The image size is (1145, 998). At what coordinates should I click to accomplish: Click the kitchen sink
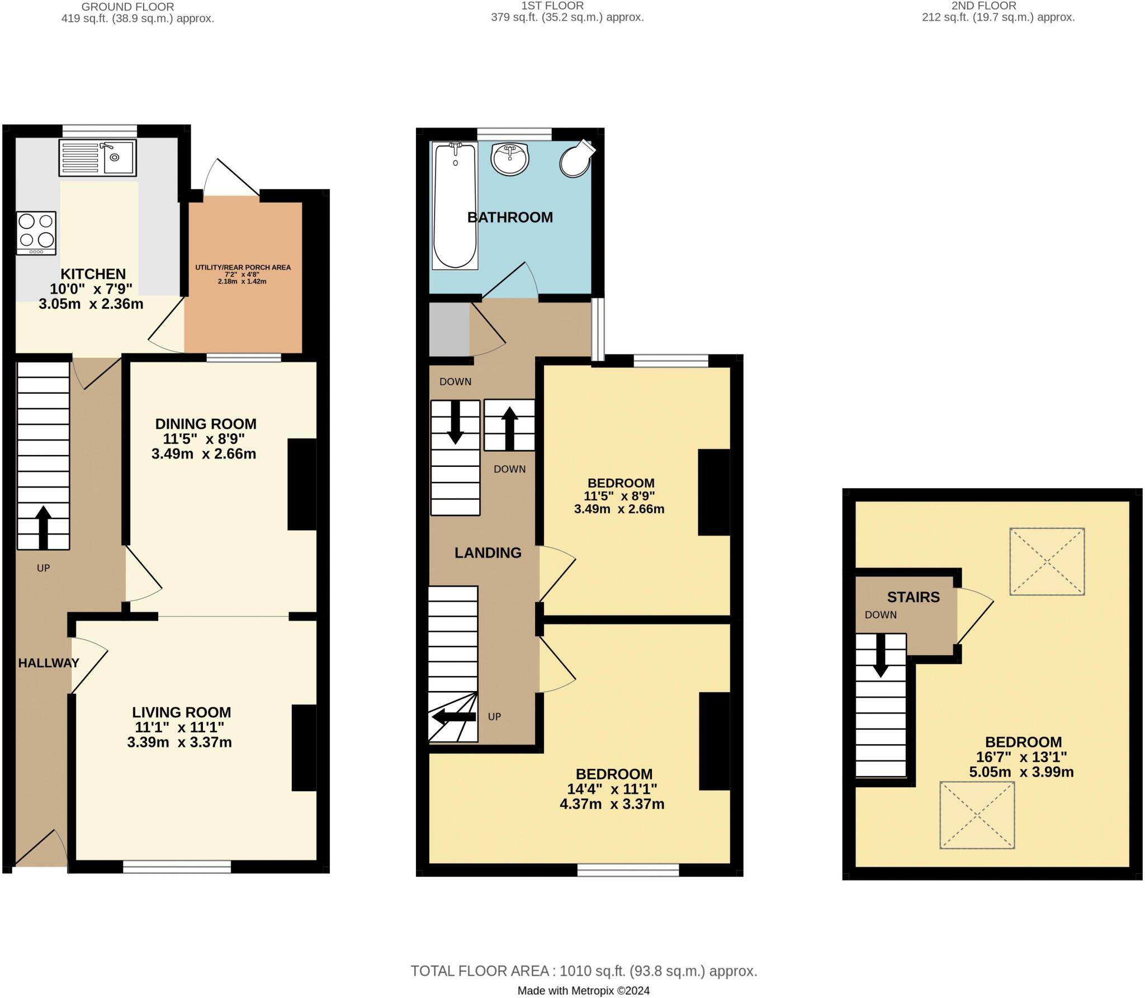coord(98,157)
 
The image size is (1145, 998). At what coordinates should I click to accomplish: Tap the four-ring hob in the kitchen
coord(36,233)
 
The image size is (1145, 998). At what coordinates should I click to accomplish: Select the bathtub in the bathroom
coord(455,206)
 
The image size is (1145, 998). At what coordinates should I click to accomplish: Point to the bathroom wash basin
coord(509,159)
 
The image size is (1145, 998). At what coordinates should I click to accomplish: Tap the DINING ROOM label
coord(205,424)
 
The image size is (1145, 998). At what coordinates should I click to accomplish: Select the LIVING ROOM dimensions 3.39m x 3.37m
coord(179,742)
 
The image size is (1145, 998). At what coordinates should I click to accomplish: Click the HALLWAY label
coord(49,663)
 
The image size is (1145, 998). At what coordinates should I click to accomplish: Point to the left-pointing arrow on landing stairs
coord(453,717)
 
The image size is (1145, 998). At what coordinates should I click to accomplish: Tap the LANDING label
coord(488,553)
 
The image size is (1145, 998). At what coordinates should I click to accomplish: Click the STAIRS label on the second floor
coord(913,597)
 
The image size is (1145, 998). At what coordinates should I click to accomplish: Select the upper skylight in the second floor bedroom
coord(1047,561)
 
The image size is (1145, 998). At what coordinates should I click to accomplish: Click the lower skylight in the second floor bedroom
coord(977,816)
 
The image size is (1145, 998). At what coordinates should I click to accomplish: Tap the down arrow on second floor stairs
coord(881,655)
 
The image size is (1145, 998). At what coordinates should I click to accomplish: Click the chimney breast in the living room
coord(304,748)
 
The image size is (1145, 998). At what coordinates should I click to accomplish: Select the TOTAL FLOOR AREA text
coord(584,971)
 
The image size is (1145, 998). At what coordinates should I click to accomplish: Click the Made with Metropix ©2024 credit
coord(583,991)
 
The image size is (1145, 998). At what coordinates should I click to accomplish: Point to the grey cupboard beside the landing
coord(449,329)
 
